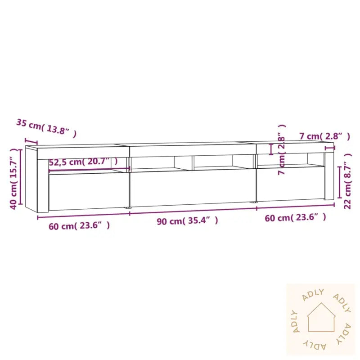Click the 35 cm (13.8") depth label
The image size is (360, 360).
pyautogui.click(x=46, y=127)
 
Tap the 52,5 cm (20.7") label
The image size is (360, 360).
pyautogui.click(x=83, y=162)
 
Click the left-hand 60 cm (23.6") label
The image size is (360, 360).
pyautogui.click(x=79, y=225)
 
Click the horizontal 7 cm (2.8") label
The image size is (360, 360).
pyautogui.click(x=324, y=135)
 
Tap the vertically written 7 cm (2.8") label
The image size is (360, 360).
pyautogui.click(x=281, y=150)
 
